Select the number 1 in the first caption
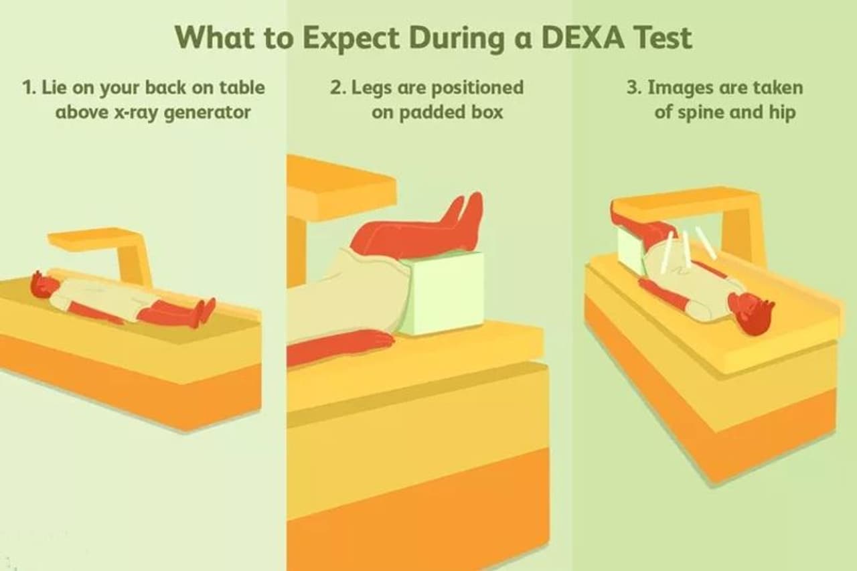tap(28, 87)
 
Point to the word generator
tap(207, 112)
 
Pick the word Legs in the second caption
tap(372, 88)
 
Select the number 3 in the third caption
tap(634, 87)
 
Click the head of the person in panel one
tap(44, 284)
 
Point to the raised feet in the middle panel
tap(464, 218)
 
